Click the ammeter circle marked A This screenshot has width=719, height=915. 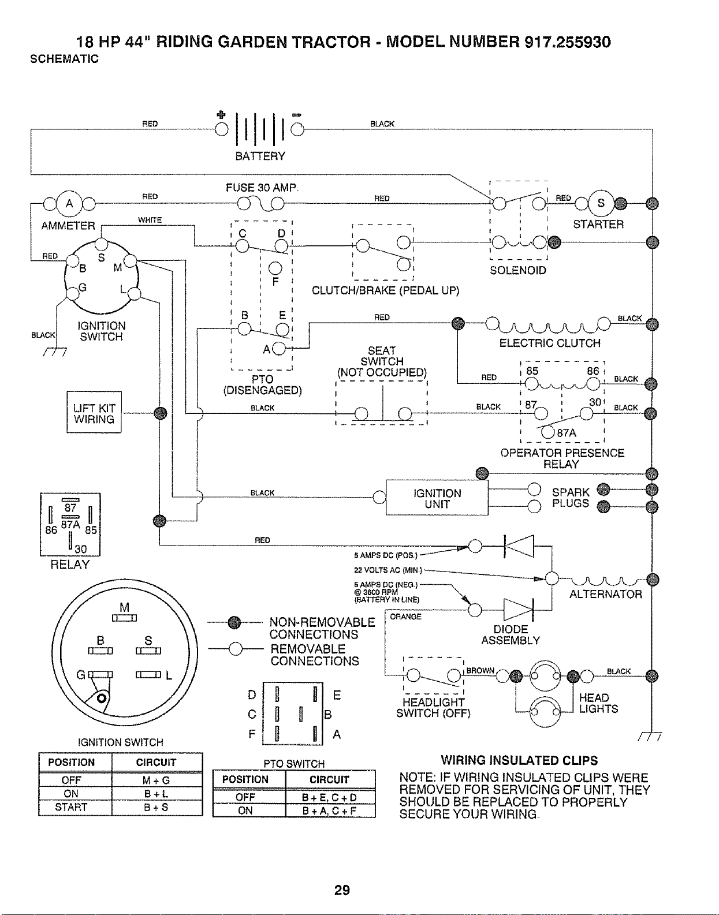69,204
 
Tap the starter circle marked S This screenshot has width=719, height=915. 601,203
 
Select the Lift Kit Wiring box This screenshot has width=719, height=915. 94,412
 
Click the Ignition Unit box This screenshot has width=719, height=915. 437,498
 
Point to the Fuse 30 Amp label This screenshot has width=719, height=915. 262,188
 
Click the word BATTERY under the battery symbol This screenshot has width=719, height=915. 260,156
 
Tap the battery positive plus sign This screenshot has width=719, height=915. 221,114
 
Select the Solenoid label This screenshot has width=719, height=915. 517,270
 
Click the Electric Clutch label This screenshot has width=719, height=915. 550,343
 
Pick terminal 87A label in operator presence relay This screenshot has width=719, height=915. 567,434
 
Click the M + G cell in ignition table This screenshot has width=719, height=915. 157,780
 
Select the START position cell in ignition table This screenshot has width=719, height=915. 71,807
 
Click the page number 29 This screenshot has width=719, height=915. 342,890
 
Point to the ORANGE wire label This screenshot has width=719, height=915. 405,617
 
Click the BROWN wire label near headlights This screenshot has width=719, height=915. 480,670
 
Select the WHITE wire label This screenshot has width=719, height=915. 150,220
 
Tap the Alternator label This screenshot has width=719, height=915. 606,594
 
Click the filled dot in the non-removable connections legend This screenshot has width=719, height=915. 234,622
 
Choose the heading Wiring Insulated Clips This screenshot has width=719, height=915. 519,760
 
